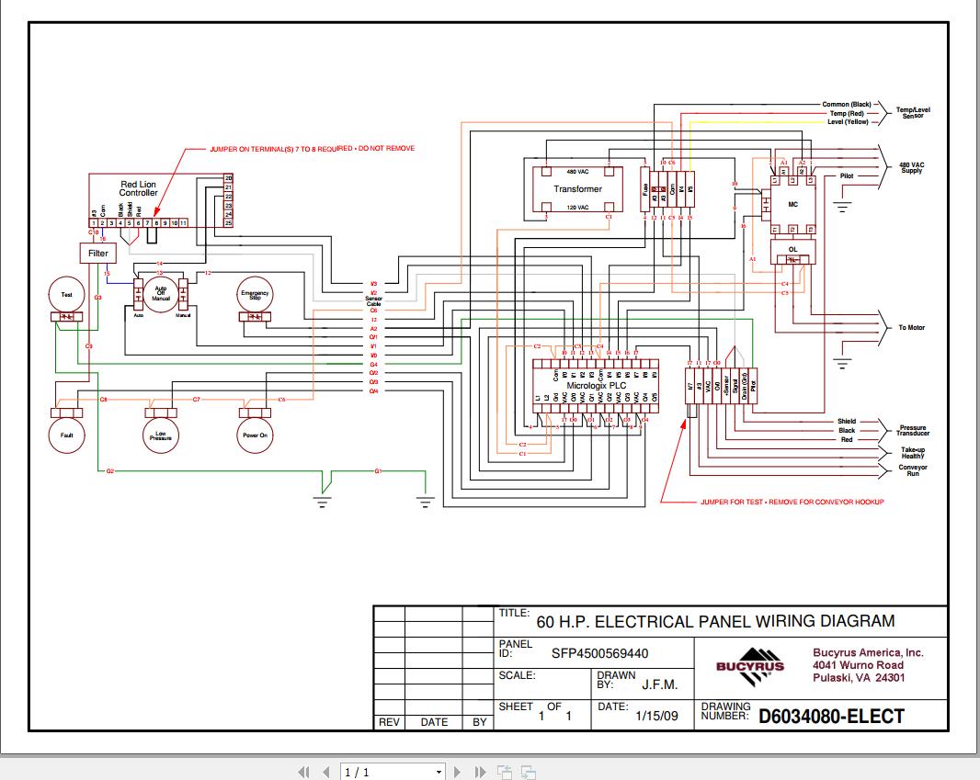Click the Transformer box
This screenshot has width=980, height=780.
[x=577, y=189]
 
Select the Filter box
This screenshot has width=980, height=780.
[x=97, y=253]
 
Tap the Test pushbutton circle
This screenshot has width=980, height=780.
[x=66, y=295]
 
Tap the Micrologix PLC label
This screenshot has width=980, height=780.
[x=596, y=386]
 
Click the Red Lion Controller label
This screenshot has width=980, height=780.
[x=138, y=188]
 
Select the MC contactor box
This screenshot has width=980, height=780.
[x=792, y=204]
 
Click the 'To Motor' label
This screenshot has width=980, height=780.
[x=912, y=328]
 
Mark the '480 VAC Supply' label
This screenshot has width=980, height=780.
[x=911, y=167]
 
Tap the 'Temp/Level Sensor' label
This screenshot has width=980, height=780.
[x=913, y=113]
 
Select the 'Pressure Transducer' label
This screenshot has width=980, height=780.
[x=913, y=431]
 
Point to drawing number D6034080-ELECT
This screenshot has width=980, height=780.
[x=831, y=717]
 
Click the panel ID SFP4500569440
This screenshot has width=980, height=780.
[x=599, y=654]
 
